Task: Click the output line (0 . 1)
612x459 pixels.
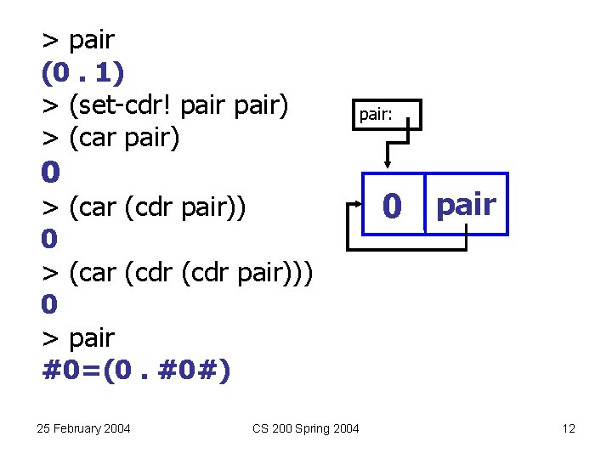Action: tap(83, 73)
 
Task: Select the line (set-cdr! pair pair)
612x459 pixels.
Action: tap(167, 105)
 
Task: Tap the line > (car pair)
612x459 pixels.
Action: tap(111, 138)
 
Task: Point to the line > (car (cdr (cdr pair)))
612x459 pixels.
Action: tap(178, 271)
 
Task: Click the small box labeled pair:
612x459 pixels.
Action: tap(387, 114)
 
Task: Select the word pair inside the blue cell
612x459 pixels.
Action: tap(466, 204)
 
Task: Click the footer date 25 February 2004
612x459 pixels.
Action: tap(84, 428)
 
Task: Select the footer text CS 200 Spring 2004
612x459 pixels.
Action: tap(306, 428)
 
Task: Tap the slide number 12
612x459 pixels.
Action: tap(569, 428)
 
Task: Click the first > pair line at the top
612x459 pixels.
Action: tap(78, 40)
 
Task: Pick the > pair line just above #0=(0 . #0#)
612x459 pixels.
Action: tap(78, 338)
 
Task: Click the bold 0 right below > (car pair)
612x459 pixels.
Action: tap(51, 172)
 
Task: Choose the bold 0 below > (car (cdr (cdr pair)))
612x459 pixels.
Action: tap(51, 304)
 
